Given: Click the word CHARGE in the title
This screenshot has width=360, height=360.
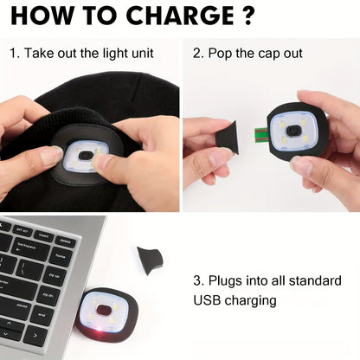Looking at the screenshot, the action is coord(180,16).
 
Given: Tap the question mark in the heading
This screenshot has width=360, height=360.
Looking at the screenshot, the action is coord(247,16).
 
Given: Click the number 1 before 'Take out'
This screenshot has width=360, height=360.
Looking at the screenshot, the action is coord(13,54).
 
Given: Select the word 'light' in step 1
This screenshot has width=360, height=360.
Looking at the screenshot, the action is coord(109,54).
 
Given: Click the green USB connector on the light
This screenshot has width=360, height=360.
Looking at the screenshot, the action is coord(261,134).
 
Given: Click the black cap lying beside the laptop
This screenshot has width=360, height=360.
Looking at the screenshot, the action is coord(150,260).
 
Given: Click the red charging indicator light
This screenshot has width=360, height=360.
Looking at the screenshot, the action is coord(100,330).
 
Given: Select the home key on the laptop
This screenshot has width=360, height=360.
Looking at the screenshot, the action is coord(61,256).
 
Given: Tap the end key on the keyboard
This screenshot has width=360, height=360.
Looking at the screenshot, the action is coord(42,314).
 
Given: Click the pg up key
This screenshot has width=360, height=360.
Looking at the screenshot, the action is coord(54,275).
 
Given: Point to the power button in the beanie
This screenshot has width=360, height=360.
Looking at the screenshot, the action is coord(85,155).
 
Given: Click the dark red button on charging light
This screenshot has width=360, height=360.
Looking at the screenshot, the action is coord(104,310).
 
